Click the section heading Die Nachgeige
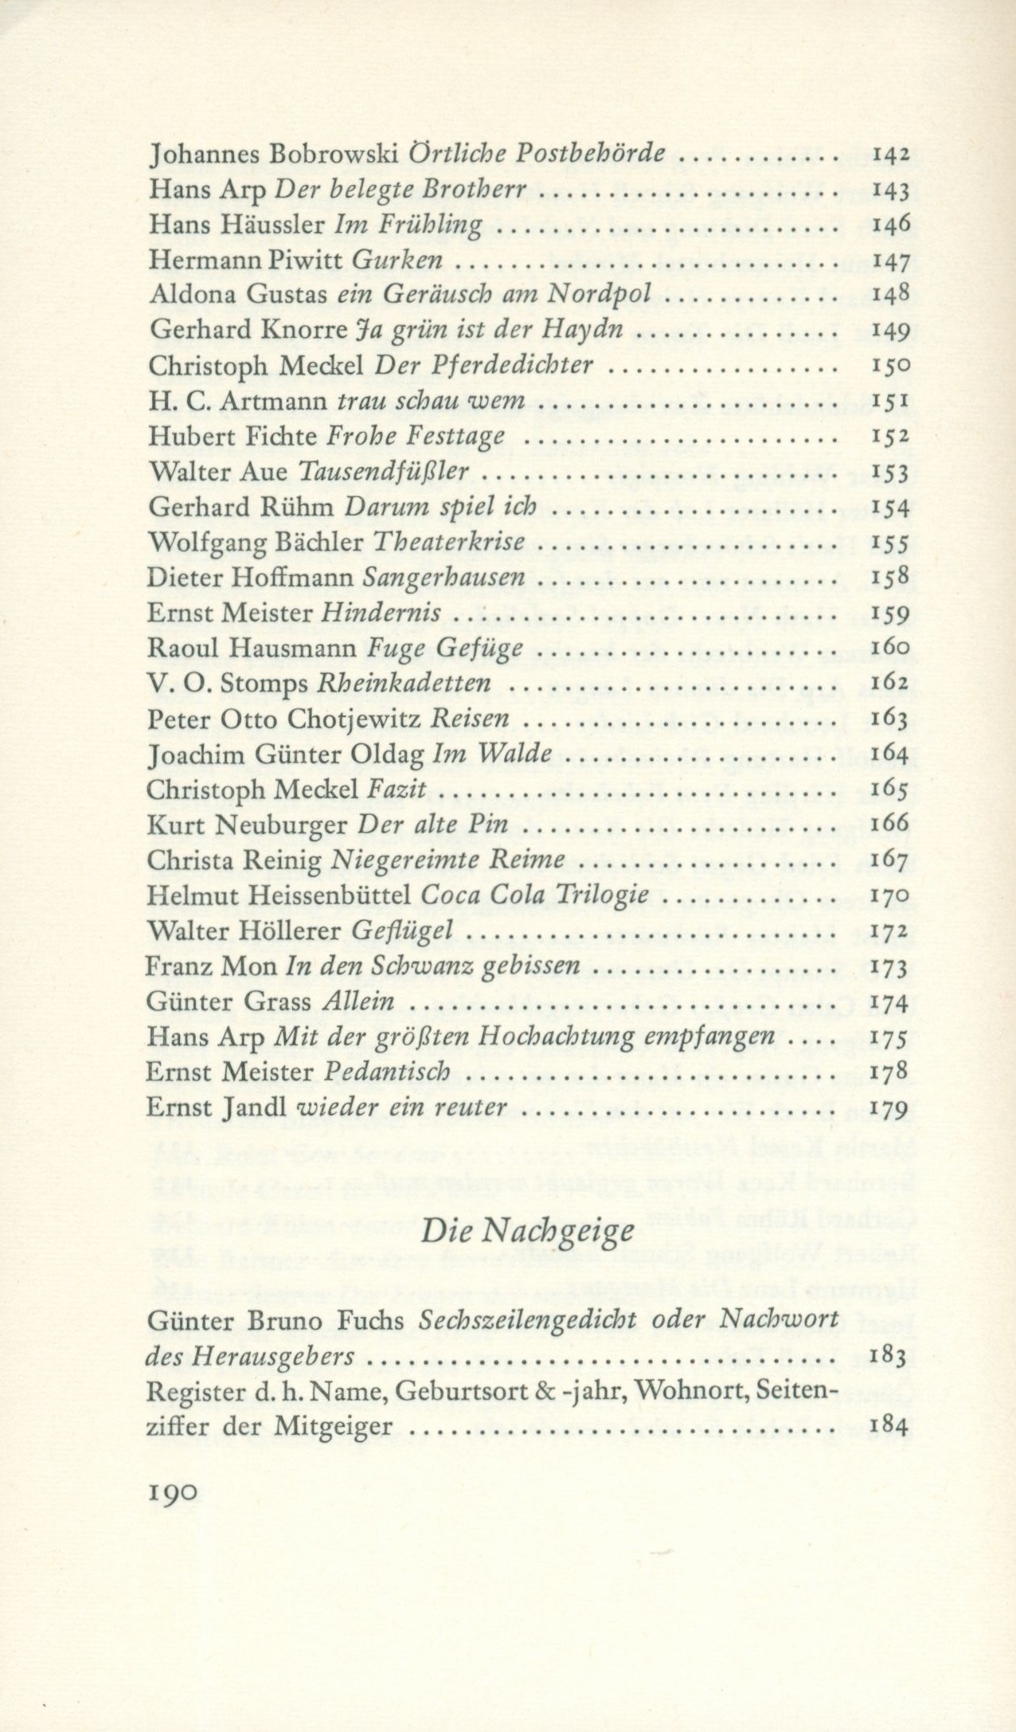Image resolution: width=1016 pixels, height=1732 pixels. (528, 1232)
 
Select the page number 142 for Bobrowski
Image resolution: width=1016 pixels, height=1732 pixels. (891, 155)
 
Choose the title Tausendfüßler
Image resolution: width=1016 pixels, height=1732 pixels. (382, 471)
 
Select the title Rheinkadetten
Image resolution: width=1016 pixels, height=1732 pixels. (403, 684)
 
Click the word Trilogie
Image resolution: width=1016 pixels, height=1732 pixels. (612, 895)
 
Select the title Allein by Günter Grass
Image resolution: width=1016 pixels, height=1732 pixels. (358, 1001)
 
